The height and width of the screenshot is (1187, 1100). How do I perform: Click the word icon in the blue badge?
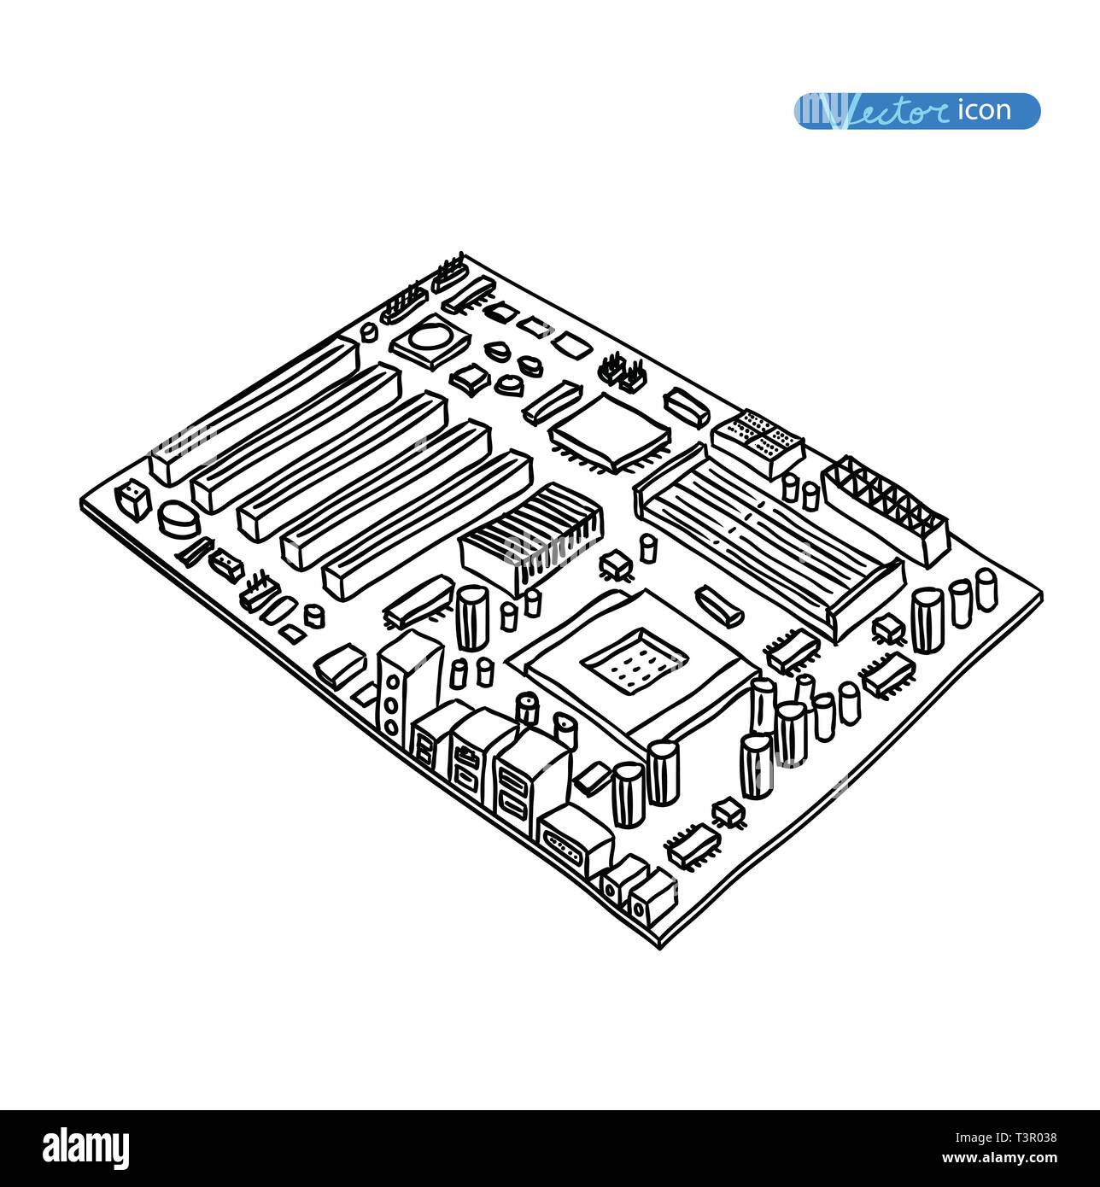click(x=984, y=110)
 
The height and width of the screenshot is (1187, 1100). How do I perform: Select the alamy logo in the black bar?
click(x=85, y=1149)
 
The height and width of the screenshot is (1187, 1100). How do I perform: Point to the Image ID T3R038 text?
click(x=1005, y=1137)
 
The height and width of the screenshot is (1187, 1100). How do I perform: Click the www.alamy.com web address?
click(x=999, y=1158)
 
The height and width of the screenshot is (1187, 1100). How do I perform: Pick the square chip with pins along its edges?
click(x=610, y=433)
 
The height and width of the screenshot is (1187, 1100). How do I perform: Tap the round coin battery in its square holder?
click(x=430, y=342)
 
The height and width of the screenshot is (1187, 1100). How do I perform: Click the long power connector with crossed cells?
click(x=885, y=510)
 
